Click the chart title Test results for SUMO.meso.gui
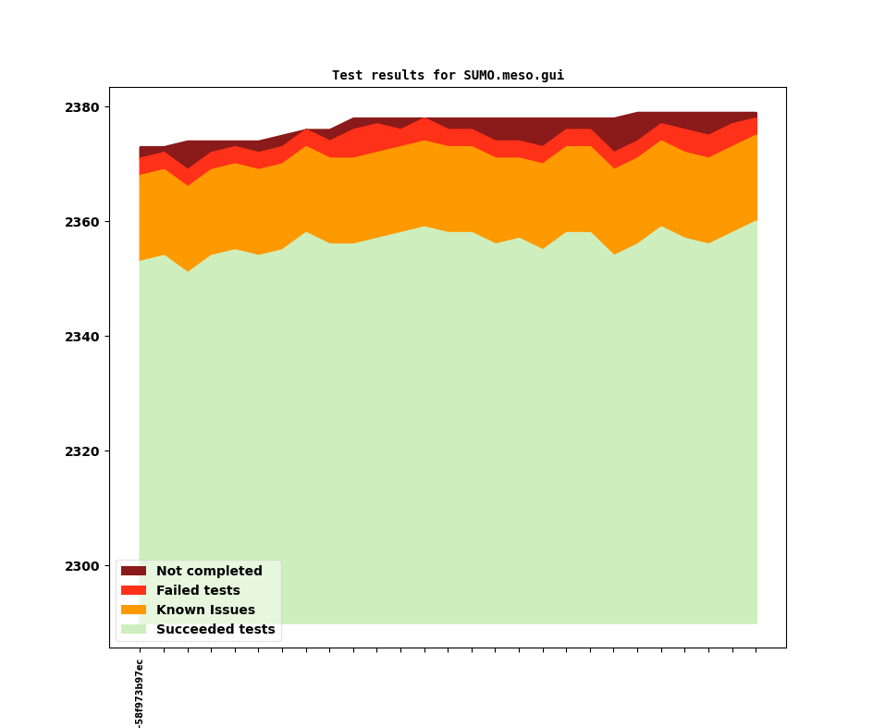click(448, 76)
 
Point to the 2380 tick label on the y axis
click(82, 107)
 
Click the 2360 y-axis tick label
click(82, 222)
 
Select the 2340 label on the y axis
click(82, 337)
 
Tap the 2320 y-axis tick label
click(82, 451)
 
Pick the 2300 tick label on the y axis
click(82, 566)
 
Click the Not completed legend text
click(209, 572)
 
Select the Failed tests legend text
click(198, 591)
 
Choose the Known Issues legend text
click(205, 611)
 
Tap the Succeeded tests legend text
click(215, 630)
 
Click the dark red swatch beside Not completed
click(133, 572)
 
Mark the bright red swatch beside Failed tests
click(133, 591)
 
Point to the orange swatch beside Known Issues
click(133, 611)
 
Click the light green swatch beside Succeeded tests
click(133, 630)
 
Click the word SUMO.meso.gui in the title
click(513, 76)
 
